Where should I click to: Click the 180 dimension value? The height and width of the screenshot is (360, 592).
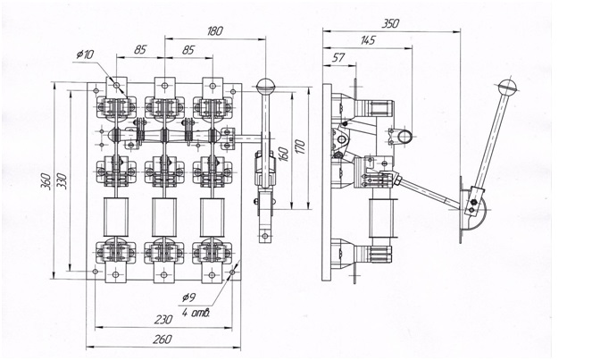click(215, 31)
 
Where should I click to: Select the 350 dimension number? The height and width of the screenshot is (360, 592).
click(390, 23)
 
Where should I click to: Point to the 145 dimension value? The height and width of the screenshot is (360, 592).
click(368, 40)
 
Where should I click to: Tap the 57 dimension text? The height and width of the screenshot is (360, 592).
click(338, 57)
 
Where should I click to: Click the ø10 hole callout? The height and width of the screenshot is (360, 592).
click(85, 54)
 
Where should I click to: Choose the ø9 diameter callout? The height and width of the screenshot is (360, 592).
click(188, 297)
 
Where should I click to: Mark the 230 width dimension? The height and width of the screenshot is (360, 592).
click(163, 320)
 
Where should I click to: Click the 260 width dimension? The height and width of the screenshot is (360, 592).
click(163, 339)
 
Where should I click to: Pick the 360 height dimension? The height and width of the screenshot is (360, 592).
click(46, 181)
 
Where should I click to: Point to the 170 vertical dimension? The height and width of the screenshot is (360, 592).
click(300, 147)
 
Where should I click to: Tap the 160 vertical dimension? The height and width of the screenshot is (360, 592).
click(284, 155)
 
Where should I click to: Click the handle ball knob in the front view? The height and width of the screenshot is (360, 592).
click(265, 86)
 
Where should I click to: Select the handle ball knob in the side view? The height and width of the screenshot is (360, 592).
click(506, 88)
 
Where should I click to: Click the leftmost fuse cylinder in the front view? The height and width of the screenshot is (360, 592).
click(115, 218)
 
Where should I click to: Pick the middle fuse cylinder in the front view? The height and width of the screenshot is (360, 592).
click(164, 218)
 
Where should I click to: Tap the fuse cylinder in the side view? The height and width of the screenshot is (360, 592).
click(381, 218)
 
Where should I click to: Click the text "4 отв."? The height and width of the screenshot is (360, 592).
click(196, 313)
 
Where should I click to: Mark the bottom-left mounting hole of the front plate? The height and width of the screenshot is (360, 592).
click(96, 272)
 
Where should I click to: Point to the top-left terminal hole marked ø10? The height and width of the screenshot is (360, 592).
click(116, 86)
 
